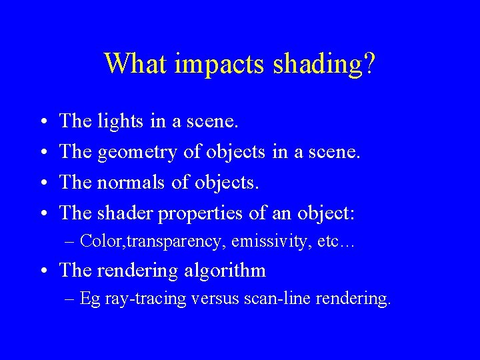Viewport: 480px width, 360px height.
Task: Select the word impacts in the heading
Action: point(214,65)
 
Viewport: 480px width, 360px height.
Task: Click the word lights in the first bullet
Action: point(121,121)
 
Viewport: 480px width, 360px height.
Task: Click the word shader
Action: point(125,213)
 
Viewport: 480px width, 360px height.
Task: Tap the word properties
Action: point(202,214)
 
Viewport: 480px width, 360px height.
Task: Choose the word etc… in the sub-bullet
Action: point(337,241)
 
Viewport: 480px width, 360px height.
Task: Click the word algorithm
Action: point(228,271)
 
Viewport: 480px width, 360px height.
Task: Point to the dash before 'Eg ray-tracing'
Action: point(71,299)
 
